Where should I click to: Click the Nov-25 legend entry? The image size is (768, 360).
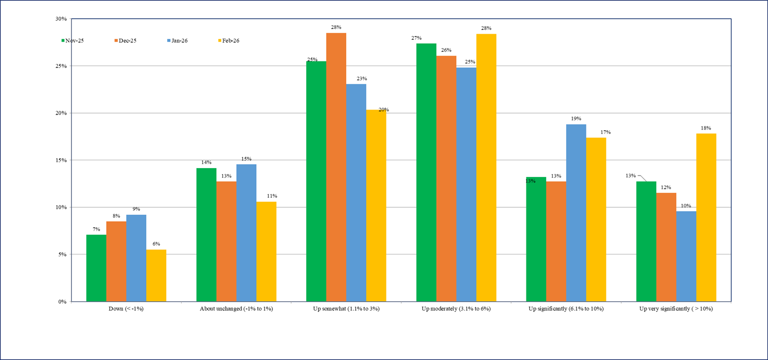pyautogui.click(x=72, y=41)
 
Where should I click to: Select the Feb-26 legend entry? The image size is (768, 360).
pyautogui.click(x=229, y=41)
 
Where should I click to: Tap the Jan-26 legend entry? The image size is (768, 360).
pyautogui.click(x=177, y=41)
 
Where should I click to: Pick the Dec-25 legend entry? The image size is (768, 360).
pyautogui.click(x=126, y=41)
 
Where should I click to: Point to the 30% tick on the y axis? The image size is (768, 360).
pyautogui.click(x=61, y=19)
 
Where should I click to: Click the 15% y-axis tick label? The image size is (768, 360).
pyautogui.click(x=61, y=160)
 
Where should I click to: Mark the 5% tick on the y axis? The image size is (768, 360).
pyautogui.click(x=63, y=254)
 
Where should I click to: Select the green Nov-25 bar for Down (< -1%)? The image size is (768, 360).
pyautogui.click(x=96, y=268)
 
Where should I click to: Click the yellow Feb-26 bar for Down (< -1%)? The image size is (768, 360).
pyautogui.click(x=156, y=275)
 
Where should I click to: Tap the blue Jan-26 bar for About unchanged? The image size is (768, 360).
pyautogui.click(x=247, y=233)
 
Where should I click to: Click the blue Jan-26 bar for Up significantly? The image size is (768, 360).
pyautogui.click(x=576, y=213)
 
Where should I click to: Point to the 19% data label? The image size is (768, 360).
pyautogui.click(x=576, y=119)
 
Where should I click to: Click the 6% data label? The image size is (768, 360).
pyautogui.click(x=156, y=244)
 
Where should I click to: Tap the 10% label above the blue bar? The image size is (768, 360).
pyautogui.click(x=686, y=206)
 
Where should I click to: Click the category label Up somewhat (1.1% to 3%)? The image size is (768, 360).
pyautogui.click(x=346, y=309)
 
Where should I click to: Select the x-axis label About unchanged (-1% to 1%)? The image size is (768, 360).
pyautogui.click(x=236, y=309)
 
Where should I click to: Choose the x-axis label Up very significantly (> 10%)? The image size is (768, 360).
pyautogui.click(x=676, y=309)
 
